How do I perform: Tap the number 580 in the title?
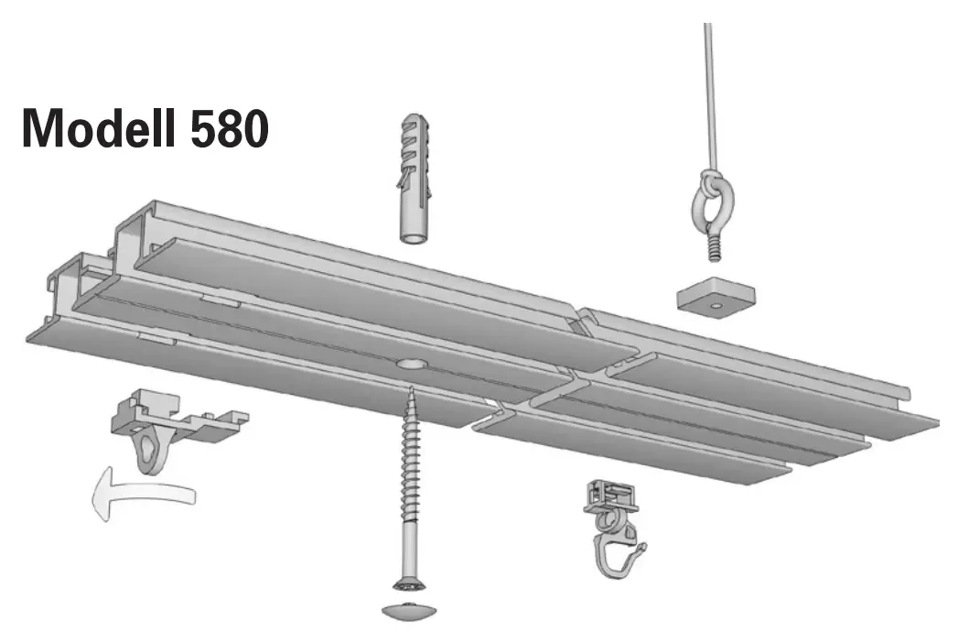[x=230, y=129]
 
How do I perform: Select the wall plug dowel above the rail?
[x=414, y=179]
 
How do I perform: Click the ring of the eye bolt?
[x=712, y=202]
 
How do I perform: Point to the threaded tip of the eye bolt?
[x=713, y=247]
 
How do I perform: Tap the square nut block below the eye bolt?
[x=716, y=295]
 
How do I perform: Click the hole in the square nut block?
[x=716, y=304]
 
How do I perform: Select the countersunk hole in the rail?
[x=410, y=364]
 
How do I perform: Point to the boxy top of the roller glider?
[x=610, y=496]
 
